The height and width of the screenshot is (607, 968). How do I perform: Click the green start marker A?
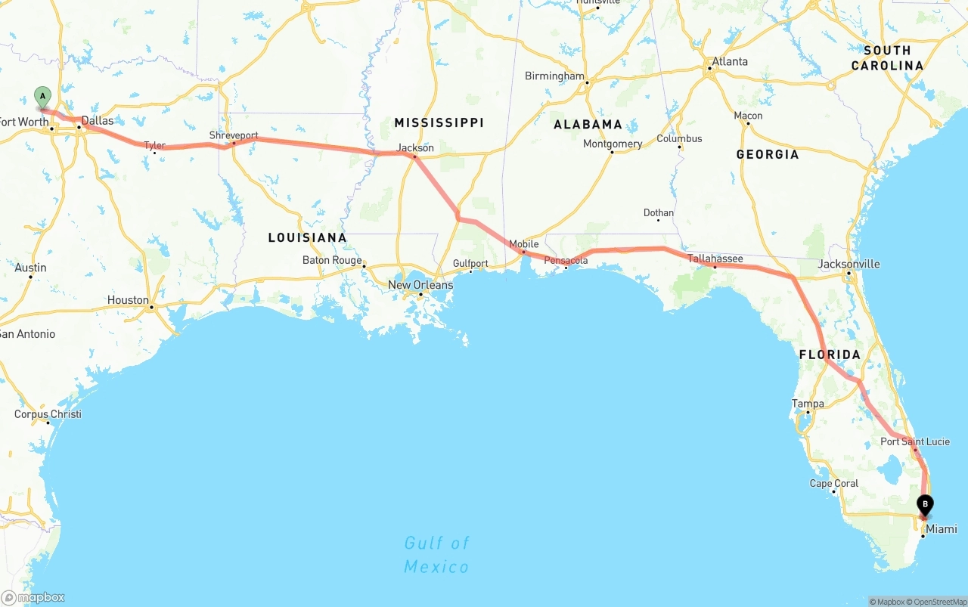[43, 96]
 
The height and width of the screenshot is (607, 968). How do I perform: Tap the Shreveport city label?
[234, 136]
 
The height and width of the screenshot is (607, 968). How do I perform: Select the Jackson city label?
[415, 147]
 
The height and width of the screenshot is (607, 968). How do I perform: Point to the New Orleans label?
[420, 285]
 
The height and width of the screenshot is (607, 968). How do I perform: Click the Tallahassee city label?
[715, 259]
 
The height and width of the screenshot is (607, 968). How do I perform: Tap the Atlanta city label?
[729, 61]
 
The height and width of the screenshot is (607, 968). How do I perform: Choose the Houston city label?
[128, 300]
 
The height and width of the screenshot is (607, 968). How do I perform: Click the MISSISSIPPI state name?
[439, 122]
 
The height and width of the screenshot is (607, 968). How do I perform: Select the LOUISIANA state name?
[307, 237]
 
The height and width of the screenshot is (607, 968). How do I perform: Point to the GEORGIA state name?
[768, 154]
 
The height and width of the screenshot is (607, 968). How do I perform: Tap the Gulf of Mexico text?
[436, 554]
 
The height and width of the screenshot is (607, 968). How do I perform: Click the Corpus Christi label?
[48, 414]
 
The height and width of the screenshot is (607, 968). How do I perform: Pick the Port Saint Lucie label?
[915, 441]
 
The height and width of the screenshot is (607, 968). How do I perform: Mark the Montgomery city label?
[613, 144]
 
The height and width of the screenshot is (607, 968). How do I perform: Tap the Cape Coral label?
[833, 484]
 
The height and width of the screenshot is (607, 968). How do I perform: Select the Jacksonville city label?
[849, 264]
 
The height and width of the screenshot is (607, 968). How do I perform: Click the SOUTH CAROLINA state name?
[887, 58]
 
